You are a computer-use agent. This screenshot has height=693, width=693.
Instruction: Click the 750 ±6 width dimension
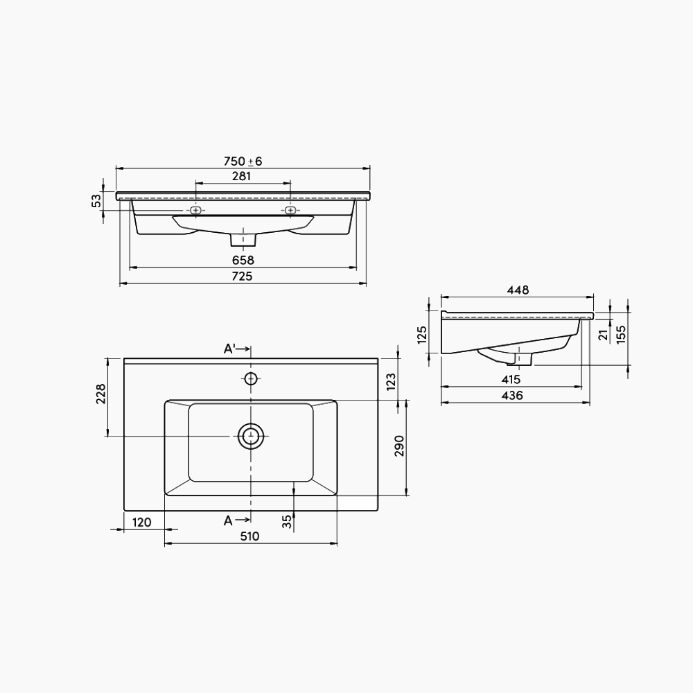point(243,161)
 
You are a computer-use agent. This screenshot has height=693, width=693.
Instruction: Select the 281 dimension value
point(242,176)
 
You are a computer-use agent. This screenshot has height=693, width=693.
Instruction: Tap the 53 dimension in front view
point(96,201)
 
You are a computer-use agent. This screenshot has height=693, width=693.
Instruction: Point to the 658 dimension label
point(243,261)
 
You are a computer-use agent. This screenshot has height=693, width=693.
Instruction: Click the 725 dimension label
point(242,277)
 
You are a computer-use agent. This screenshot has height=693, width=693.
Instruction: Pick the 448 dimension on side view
point(518,290)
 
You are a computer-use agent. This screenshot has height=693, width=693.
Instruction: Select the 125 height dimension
point(422,335)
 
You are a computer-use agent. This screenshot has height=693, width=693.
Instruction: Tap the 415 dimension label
point(511,380)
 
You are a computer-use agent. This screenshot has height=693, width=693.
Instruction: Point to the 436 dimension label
point(512,396)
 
